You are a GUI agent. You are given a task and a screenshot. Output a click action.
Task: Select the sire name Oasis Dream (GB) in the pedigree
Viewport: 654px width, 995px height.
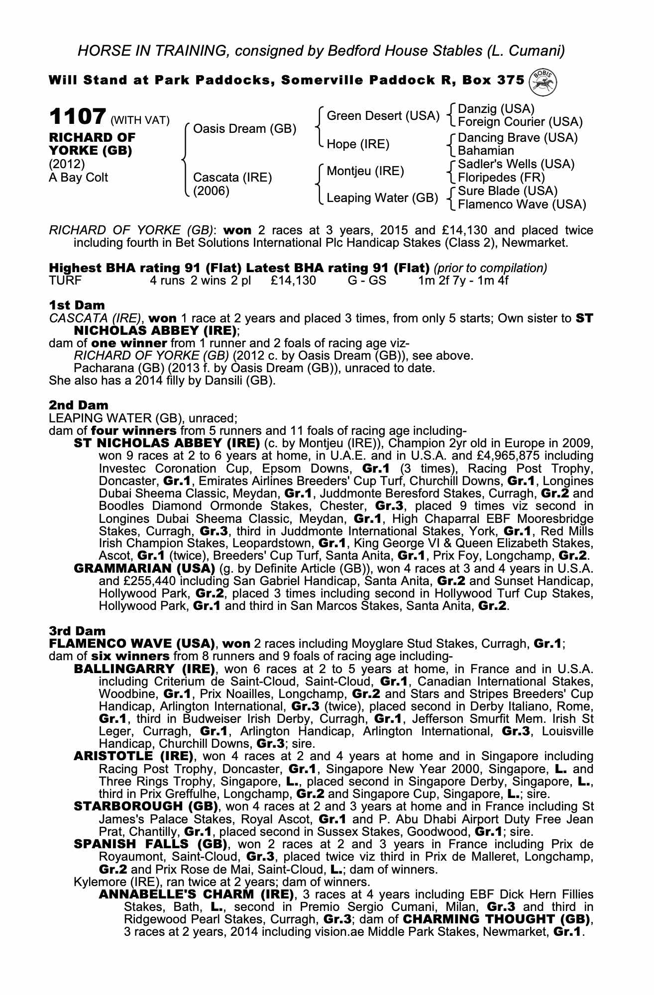[244, 129]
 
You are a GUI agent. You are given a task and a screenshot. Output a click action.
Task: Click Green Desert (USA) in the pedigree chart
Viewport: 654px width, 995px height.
[383, 116]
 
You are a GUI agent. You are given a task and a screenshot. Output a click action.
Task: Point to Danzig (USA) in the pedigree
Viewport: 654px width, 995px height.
[496, 109]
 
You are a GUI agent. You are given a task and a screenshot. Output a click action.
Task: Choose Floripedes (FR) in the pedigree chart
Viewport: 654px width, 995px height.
[501, 178]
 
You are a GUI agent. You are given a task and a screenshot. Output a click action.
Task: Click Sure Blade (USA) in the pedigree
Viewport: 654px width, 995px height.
[508, 191]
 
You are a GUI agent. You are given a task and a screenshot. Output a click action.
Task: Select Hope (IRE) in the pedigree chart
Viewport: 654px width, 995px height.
[358, 144]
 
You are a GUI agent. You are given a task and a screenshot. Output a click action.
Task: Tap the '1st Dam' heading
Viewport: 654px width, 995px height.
[77, 304]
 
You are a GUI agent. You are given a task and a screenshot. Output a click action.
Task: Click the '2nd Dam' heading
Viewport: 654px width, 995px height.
[78, 405]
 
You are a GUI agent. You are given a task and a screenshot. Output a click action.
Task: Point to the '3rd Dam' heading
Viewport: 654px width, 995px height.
[78, 631]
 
